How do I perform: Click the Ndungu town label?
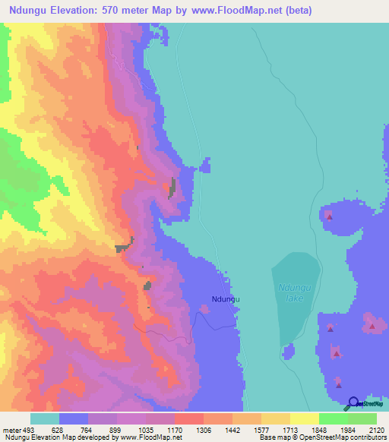(226, 300)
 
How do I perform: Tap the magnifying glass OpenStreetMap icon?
(354, 403)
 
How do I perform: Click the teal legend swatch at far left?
(45, 418)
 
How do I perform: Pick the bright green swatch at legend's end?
(362, 418)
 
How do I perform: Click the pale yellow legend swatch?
(276, 418)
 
